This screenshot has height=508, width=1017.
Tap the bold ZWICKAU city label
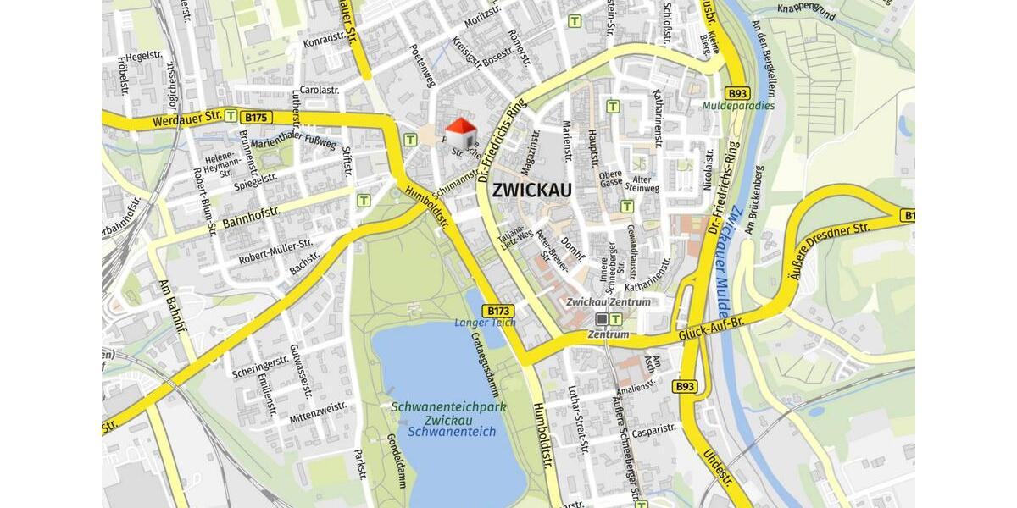point(531,190)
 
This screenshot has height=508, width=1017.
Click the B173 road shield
point(499,311)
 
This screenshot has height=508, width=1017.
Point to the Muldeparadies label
point(738,107)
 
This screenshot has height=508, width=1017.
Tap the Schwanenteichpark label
point(448,407)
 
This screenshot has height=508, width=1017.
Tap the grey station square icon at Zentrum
point(602,319)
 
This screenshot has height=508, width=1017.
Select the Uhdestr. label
point(717,470)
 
